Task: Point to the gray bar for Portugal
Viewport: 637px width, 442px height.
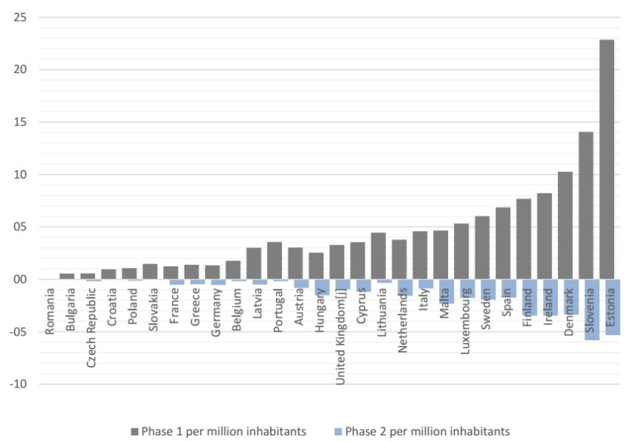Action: click(275, 260)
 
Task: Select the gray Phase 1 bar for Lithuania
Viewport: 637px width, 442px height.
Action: click(378, 256)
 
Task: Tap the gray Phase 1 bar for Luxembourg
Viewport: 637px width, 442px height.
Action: click(461, 252)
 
